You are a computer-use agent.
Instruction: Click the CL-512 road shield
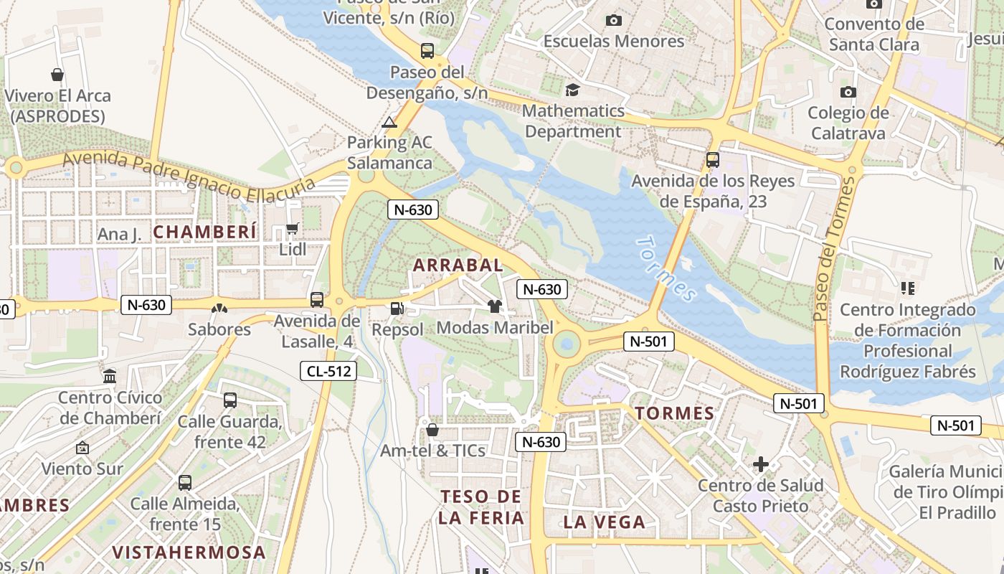pyautogui.click(x=328, y=371)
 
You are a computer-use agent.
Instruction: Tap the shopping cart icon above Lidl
pyautogui.click(x=293, y=229)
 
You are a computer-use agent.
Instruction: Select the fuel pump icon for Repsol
pyautogui.click(x=397, y=309)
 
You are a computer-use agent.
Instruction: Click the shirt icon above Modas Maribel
pyautogui.click(x=494, y=306)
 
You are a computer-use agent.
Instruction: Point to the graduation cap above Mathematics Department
pyautogui.click(x=572, y=90)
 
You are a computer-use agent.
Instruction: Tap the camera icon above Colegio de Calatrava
pyautogui.click(x=848, y=92)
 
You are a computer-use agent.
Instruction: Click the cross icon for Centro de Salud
pyautogui.click(x=761, y=465)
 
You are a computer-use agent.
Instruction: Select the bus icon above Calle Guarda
pyautogui.click(x=229, y=400)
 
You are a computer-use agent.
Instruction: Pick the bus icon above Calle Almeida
pyautogui.click(x=185, y=482)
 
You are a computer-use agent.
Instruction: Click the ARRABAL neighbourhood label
pyautogui.click(x=458, y=265)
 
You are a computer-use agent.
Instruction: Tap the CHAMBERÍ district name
pyautogui.click(x=204, y=232)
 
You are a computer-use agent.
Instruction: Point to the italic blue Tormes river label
pyautogui.click(x=666, y=269)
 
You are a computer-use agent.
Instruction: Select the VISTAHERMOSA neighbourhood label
pyautogui.click(x=189, y=552)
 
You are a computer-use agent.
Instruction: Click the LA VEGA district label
pyautogui.click(x=605, y=522)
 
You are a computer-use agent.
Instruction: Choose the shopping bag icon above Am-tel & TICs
pyautogui.click(x=432, y=430)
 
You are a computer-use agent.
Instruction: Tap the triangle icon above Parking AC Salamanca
pyautogui.click(x=389, y=122)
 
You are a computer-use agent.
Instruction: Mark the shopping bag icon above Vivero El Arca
pyautogui.click(x=57, y=75)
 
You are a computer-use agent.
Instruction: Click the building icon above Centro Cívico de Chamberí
pyautogui.click(x=110, y=376)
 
